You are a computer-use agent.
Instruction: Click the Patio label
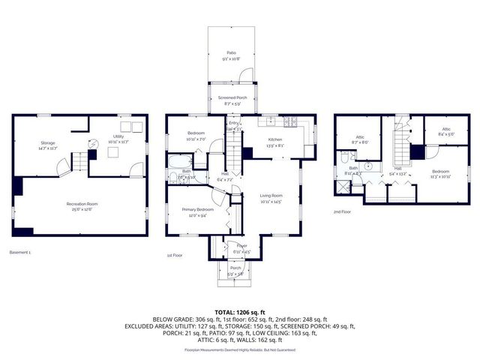[x=231, y=52]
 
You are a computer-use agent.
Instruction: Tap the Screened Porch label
[x=231, y=98]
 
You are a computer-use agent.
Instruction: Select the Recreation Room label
[x=82, y=204]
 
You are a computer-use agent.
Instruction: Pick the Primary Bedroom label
[x=198, y=210]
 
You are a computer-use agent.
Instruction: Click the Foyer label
[x=242, y=245]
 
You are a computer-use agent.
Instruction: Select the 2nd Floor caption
[x=342, y=212]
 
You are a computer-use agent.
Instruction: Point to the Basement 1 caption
[x=20, y=252]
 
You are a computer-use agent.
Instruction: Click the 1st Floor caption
[x=175, y=256]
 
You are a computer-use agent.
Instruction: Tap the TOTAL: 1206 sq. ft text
[x=240, y=311]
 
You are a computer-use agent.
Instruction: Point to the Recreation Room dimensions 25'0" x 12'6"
[x=82, y=209]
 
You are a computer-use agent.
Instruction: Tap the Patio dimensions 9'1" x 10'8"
[x=231, y=58]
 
